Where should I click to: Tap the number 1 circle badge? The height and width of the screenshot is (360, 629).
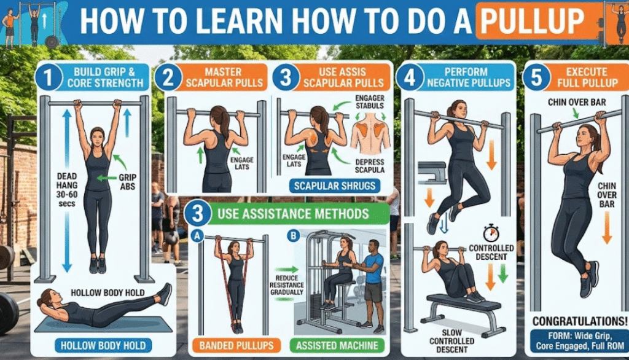point(49,77)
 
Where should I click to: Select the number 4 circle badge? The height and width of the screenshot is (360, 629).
point(410,76)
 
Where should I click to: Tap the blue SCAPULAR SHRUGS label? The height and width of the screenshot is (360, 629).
point(335,186)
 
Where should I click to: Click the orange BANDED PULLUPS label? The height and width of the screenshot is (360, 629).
point(236,345)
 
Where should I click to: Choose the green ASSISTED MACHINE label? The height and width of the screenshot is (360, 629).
point(337,345)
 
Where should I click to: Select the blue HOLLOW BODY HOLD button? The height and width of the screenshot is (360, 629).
point(103,345)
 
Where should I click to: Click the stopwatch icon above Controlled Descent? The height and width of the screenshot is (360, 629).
point(491,233)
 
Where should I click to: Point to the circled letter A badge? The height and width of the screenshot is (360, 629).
point(197,236)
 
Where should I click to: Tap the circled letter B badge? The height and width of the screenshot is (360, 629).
point(294,235)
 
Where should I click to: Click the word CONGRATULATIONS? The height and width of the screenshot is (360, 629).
point(580,321)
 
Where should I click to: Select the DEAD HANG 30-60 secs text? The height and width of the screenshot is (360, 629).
point(66,190)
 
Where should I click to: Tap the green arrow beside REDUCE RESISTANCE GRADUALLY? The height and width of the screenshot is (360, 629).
point(287,270)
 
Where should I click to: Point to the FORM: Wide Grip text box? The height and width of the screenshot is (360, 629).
point(579,341)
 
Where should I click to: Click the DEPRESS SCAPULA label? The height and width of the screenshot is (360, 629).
point(369,166)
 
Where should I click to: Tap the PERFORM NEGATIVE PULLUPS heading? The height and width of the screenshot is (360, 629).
point(468,77)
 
